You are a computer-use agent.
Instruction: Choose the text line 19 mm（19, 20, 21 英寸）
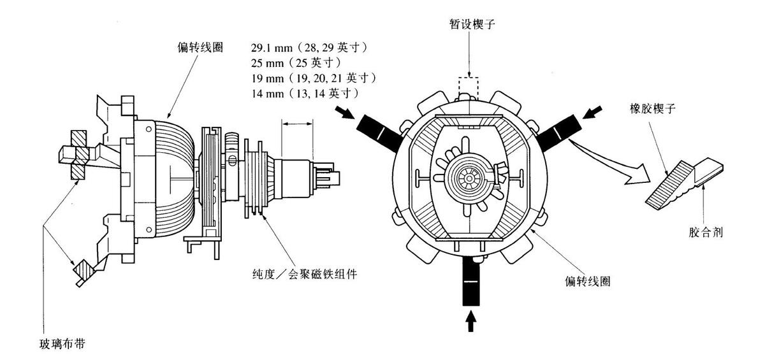point(314,78)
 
